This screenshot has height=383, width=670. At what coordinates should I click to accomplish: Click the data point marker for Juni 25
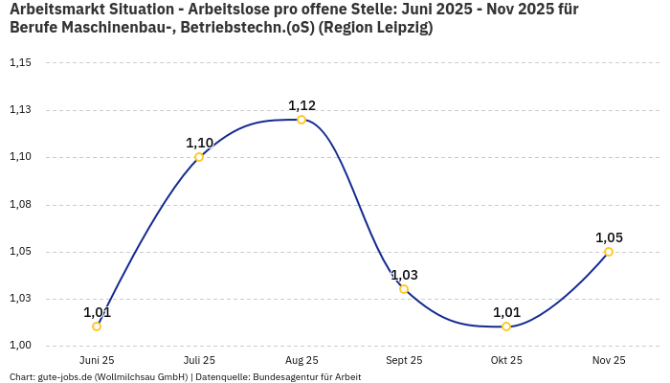tap(97, 327)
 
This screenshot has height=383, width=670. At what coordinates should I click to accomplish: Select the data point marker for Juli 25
tap(199, 157)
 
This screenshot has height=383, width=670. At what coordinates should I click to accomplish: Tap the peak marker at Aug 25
tap(301, 120)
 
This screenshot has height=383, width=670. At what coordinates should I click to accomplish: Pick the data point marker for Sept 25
tap(404, 289)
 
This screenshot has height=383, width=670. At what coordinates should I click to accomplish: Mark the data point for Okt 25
tap(506, 327)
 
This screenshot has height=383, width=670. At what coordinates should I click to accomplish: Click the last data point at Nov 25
tap(609, 252)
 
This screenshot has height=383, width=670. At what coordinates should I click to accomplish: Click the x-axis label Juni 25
tap(97, 360)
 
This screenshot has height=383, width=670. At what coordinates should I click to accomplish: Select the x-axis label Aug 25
tap(301, 360)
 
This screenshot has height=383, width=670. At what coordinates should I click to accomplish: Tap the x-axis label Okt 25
tap(506, 360)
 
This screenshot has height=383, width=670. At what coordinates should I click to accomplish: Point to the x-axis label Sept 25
tap(404, 360)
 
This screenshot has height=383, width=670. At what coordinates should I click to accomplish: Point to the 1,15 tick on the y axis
tap(20, 63)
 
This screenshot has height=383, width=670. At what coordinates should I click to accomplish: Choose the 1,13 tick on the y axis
tap(20, 110)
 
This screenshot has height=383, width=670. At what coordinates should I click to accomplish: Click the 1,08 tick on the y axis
tap(20, 205)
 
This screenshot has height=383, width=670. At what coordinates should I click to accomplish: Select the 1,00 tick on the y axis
tap(20, 346)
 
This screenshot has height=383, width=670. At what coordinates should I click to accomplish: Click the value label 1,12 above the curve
tap(301, 105)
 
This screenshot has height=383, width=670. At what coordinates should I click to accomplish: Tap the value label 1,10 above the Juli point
tap(199, 143)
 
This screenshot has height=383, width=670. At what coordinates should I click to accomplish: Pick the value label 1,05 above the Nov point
tap(609, 237)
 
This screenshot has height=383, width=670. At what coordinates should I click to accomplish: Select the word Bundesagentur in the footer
tap(279, 377)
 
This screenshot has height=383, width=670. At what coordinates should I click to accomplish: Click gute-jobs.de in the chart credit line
tap(64, 377)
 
